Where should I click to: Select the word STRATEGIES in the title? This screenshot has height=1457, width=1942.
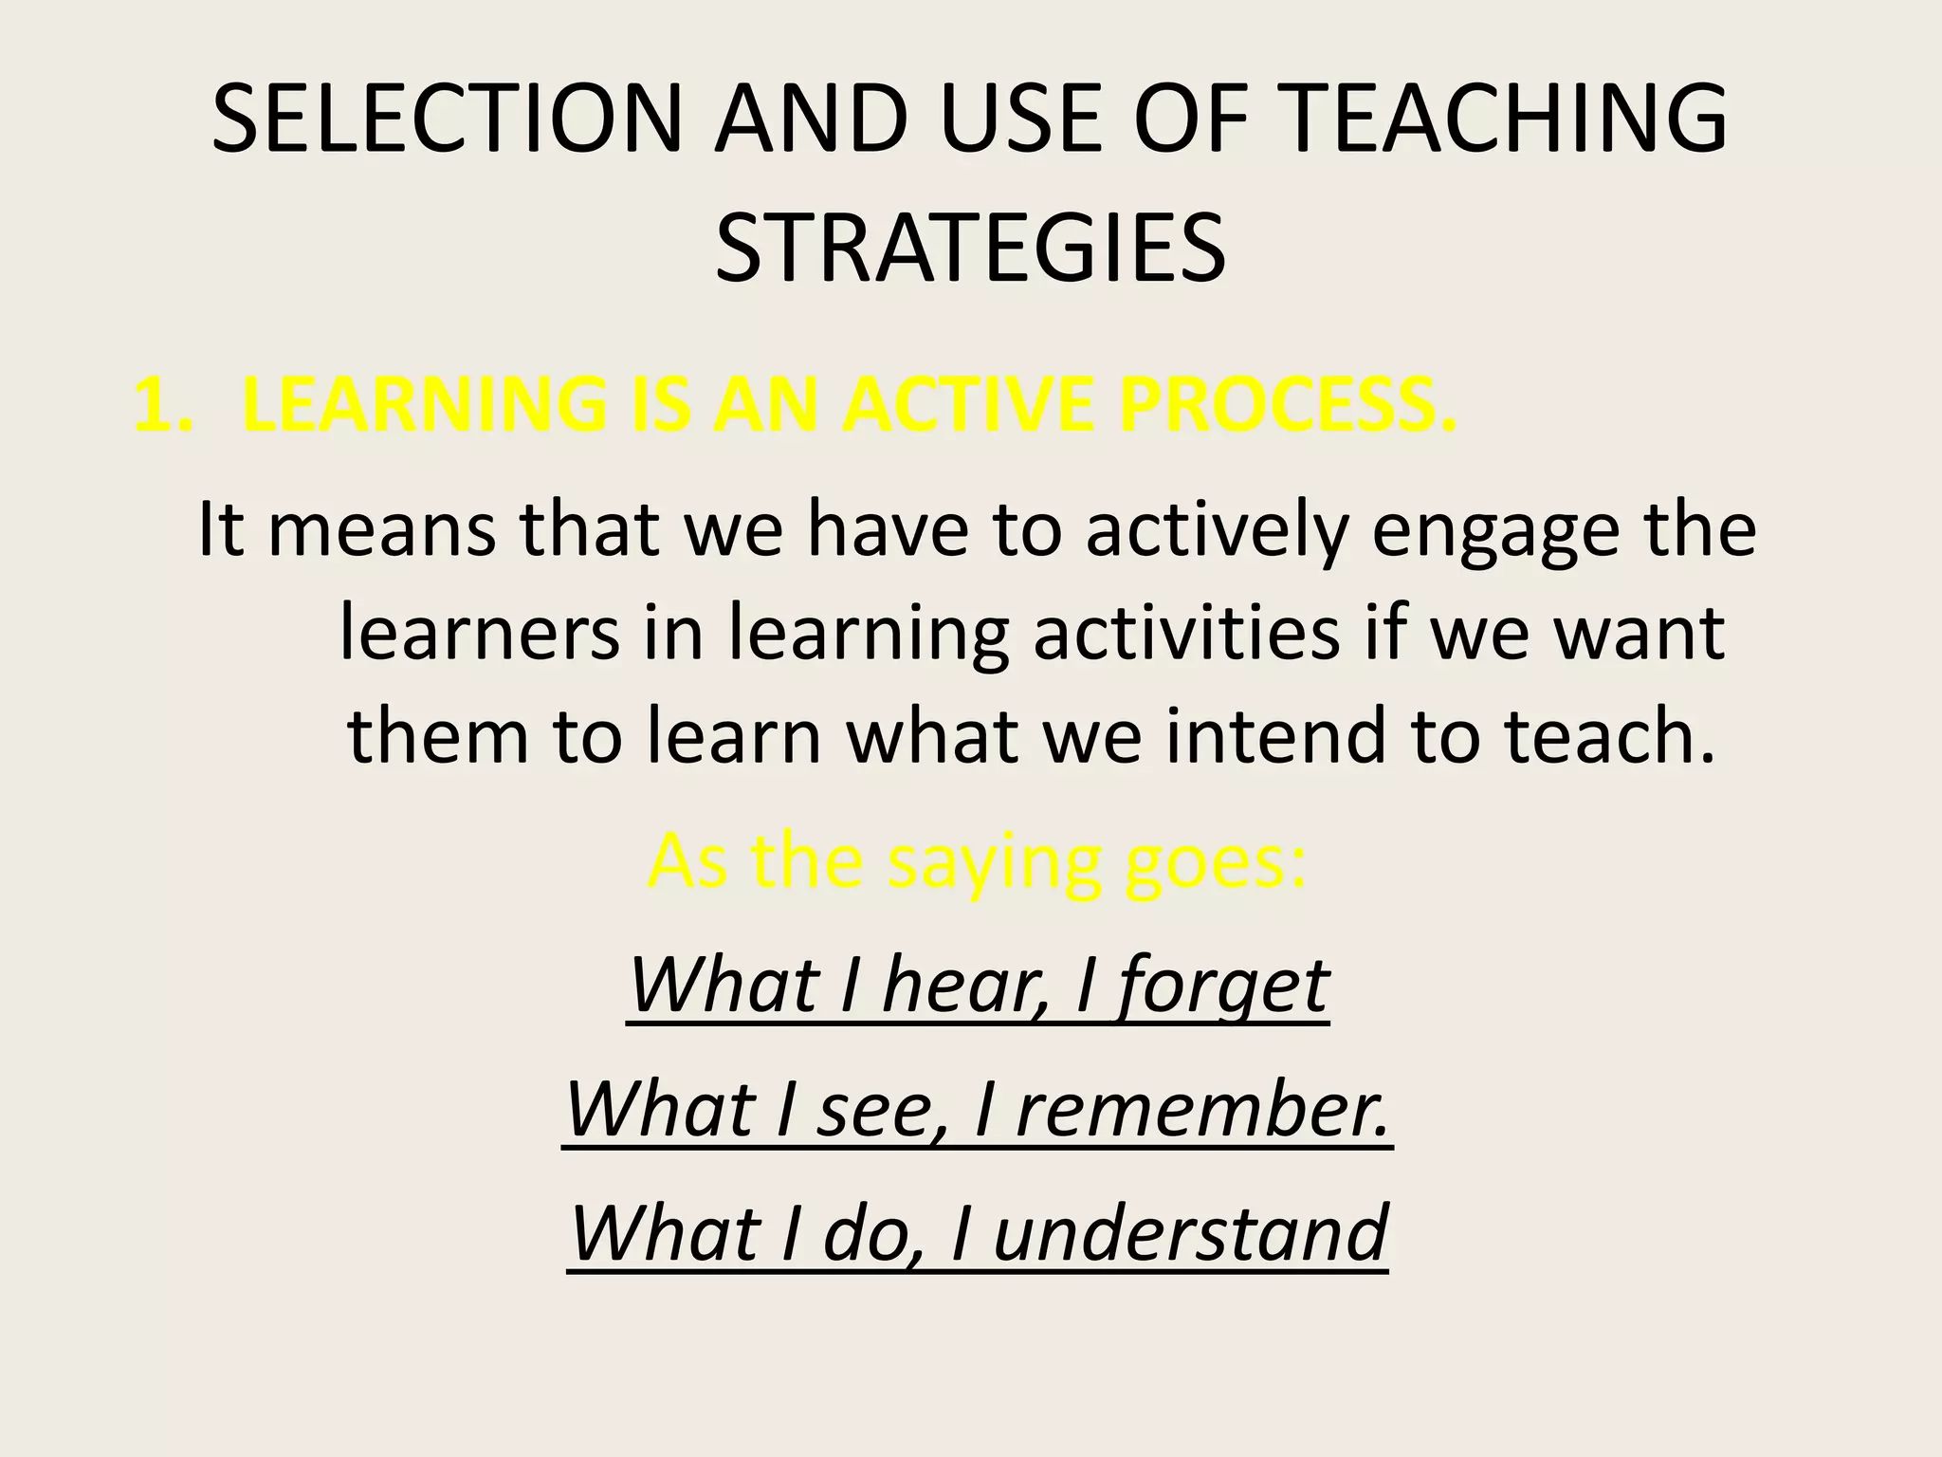[970, 249]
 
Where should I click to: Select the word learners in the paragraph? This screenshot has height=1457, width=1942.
[480, 634]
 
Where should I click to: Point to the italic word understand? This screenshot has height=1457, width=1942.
[1191, 1233]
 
